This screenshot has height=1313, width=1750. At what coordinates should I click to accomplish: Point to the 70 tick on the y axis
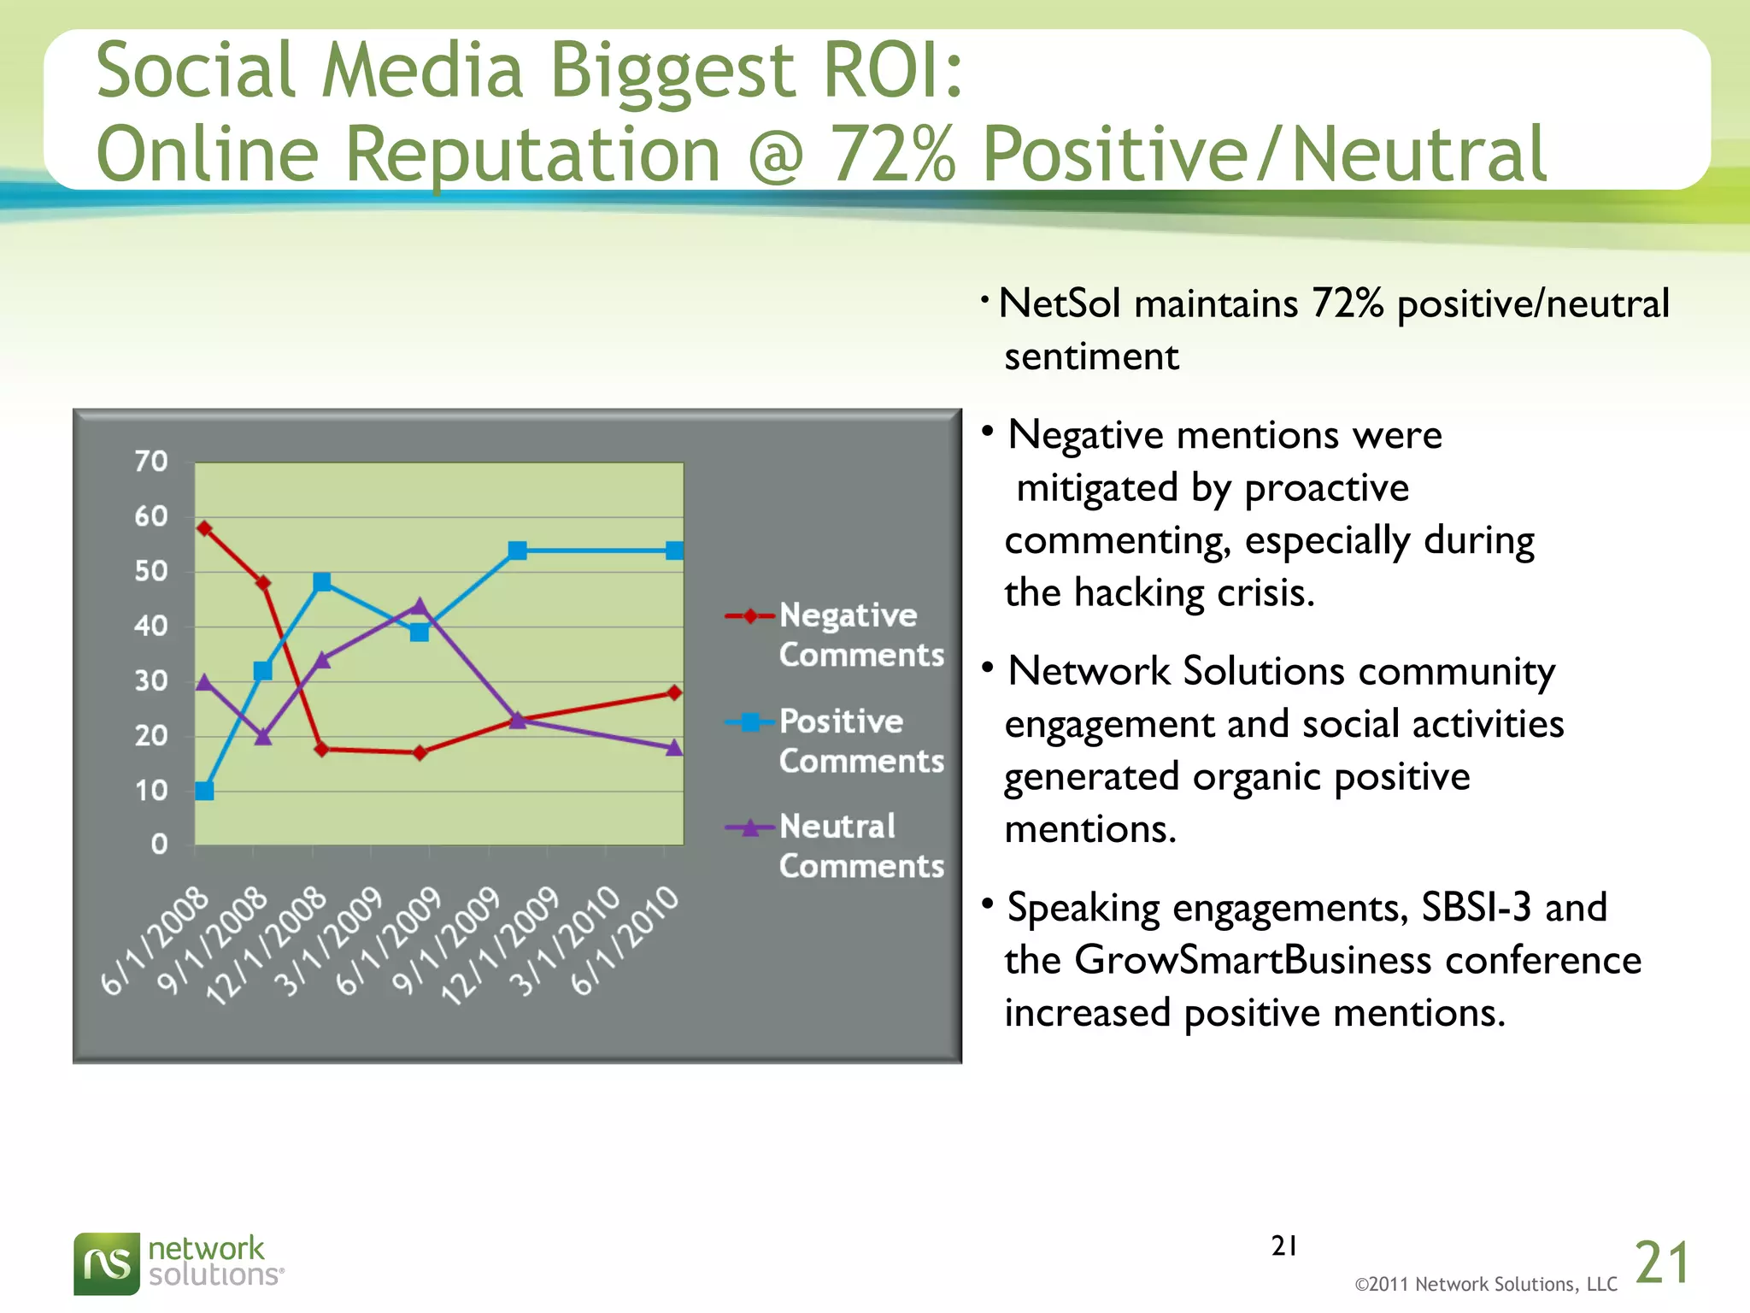(151, 462)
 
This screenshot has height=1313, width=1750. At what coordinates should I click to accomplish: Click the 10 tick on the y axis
(151, 791)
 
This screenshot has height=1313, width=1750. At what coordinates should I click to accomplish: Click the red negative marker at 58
(204, 528)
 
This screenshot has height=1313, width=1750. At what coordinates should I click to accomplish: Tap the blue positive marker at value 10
(204, 791)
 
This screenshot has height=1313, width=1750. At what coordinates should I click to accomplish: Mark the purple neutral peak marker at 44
(419, 606)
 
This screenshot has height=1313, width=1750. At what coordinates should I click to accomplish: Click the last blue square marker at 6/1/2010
(674, 551)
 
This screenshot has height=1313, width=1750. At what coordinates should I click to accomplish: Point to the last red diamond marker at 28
(674, 692)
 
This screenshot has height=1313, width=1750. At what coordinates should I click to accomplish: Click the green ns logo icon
(106, 1263)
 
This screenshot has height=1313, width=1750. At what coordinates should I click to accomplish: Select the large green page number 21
(1661, 1263)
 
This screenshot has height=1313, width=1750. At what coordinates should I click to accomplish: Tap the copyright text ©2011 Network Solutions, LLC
(1486, 1284)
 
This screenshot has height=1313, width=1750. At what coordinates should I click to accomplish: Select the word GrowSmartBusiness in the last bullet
(1252, 960)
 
